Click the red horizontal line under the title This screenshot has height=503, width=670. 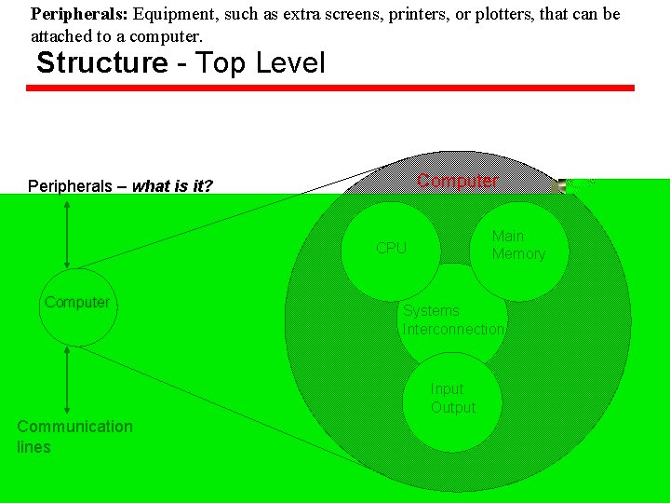click(x=330, y=88)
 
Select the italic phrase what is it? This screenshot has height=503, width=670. click(x=172, y=186)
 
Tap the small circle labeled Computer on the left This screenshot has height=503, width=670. click(x=77, y=306)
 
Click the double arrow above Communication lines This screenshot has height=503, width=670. click(x=67, y=380)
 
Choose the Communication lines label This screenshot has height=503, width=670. click(x=74, y=436)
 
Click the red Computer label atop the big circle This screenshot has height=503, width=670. click(x=456, y=181)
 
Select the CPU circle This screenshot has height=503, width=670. click(x=391, y=249)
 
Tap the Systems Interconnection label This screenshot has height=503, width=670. click(x=453, y=320)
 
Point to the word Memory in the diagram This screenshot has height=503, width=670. click(x=518, y=254)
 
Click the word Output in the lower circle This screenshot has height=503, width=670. click(x=453, y=408)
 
